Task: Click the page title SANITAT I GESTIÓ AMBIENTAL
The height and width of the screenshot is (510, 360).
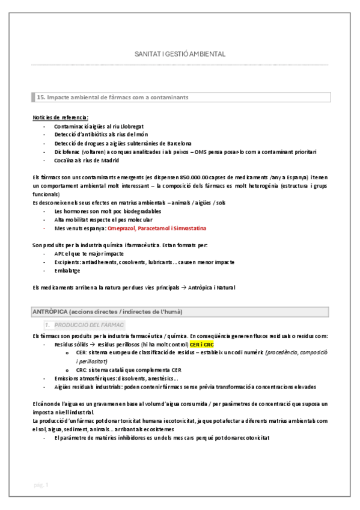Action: coord(180,54)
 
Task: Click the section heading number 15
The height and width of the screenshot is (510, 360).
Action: coord(41,97)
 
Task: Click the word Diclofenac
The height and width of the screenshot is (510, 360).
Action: coord(66,152)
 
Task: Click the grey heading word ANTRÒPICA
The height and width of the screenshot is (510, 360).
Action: coord(49,312)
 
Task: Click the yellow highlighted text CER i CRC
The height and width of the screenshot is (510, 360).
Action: coord(201,344)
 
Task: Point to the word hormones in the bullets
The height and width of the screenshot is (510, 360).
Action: coord(75,212)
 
